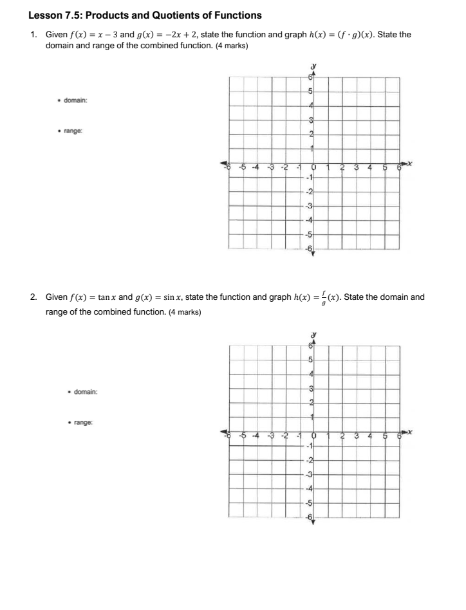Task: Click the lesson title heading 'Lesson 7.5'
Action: [145, 15]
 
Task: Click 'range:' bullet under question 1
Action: [73, 131]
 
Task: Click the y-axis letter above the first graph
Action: [313, 66]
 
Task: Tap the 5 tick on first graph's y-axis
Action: [310, 91]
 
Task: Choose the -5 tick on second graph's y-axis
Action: [309, 504]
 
